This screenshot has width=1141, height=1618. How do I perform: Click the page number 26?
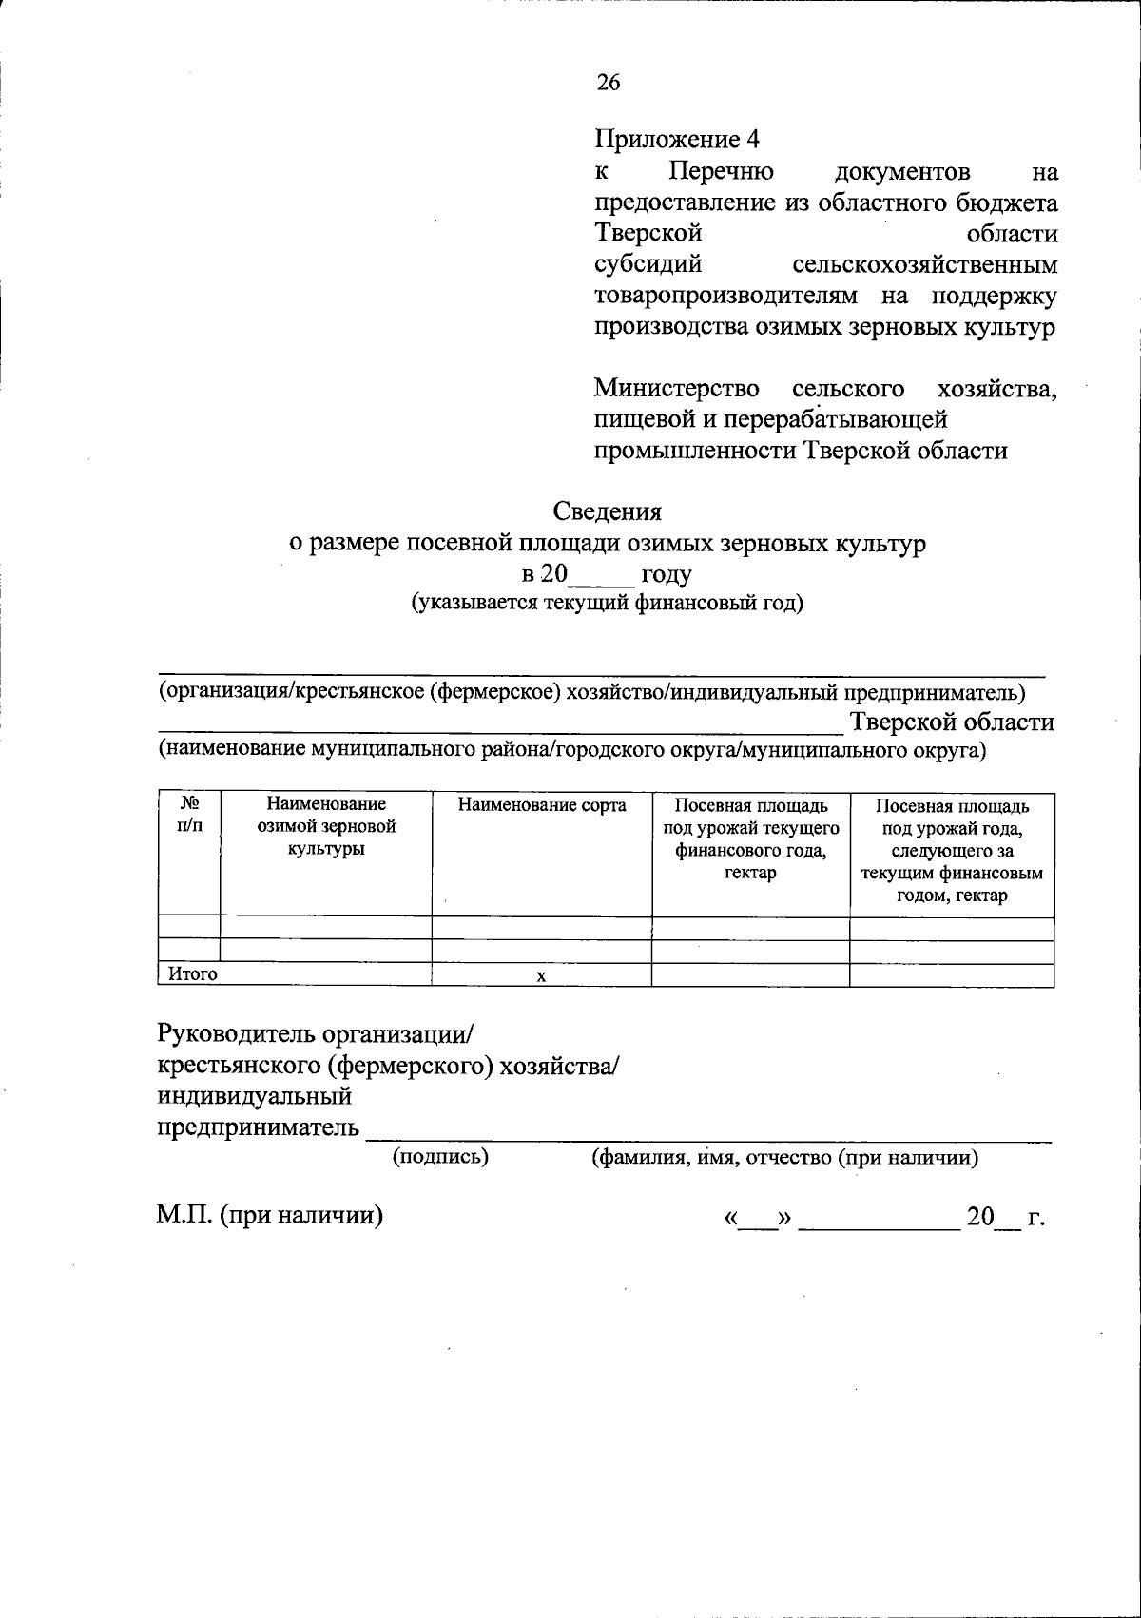[609, 83]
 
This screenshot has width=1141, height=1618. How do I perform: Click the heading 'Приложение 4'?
[677, 140]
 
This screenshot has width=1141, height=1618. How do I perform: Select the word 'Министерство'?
[676, 389]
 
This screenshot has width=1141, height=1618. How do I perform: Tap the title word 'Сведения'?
[608, 511]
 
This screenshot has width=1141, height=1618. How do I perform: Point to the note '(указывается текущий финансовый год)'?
[608, 604]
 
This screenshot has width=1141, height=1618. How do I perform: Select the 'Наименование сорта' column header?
[542, 806]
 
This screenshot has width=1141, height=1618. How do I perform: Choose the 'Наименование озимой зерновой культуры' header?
[326, 827]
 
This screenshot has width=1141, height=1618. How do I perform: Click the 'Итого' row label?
[193, 974]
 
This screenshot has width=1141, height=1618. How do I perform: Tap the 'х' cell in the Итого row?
[541, 976]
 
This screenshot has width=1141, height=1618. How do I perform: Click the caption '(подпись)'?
[440, 1157]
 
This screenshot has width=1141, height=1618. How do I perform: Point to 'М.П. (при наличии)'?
[269, 1216]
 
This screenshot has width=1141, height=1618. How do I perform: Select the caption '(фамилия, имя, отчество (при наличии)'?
[785, 1158]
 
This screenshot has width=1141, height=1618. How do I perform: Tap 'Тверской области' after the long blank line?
[952, 722]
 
